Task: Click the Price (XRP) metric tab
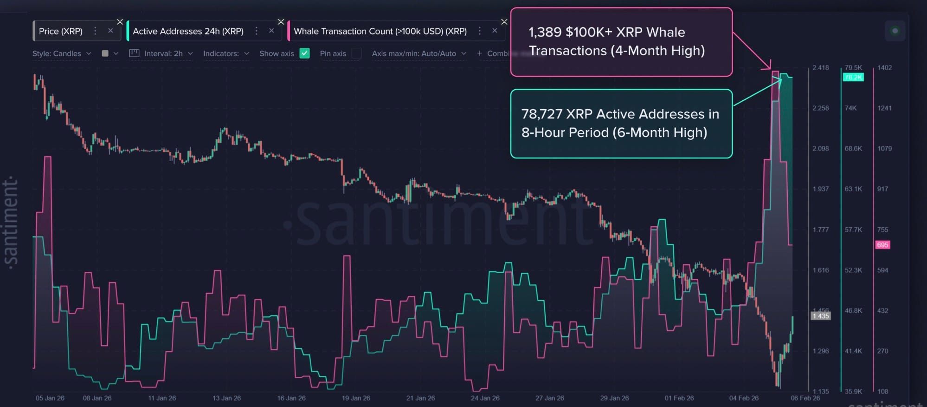coord(61,31)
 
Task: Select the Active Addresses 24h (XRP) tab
coord(188,31)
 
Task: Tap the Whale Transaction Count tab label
coord(380,31)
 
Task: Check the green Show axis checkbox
coord(304,53)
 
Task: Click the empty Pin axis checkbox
coord(356,53)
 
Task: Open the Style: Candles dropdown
coord(61,53)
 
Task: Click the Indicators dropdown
coord(226,53)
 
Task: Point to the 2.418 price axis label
coord(820,68)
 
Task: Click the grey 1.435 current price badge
coord(820,316)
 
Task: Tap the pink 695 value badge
coord(882,245)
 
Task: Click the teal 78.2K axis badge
coord(853,78)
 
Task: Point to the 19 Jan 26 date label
coord(356,398)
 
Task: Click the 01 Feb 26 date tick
coord(679,398)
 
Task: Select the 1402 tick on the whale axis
coord(884,68)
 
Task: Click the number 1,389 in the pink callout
coord(545,32)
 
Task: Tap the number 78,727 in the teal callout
coord(541,114)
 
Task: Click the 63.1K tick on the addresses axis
coord(853,189)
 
